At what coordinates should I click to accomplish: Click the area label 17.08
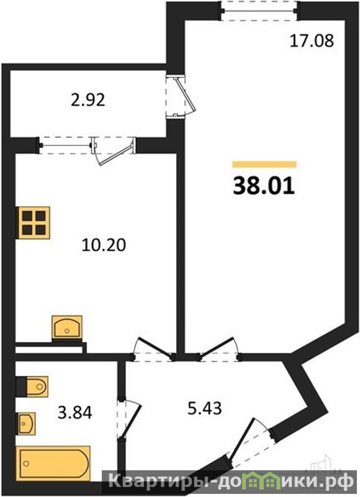(x=312, y=41)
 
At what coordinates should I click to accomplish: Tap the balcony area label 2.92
(x=88, y=101)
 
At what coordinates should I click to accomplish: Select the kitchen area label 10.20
(x=104, y=245)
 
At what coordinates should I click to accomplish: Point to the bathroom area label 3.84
(x=74, y=413)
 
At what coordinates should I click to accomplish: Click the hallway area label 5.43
(x=205, y=408)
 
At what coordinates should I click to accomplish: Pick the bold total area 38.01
(x=264, y=186)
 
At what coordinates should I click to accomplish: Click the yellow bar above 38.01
(x=264, y=164)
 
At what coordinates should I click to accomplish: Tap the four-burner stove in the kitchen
(x=33, y=222)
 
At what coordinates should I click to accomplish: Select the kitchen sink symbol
(x=67, y=329)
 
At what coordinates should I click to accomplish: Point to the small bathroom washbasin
(x=26, y=424)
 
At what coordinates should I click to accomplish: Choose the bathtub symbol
(x=53, y=463)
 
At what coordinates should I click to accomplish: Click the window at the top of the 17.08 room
(x=259, y=11)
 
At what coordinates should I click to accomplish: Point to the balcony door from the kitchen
(x=114, y=150)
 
